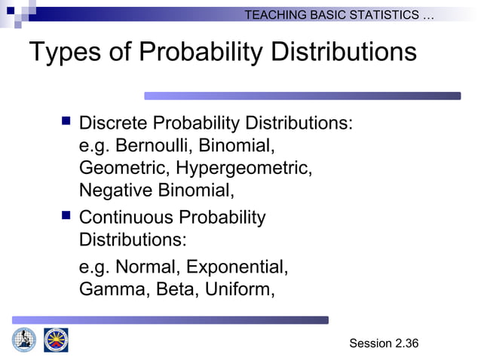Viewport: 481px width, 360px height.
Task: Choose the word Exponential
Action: [x=237, y=267]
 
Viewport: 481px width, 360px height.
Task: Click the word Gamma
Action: [x=113, y=288]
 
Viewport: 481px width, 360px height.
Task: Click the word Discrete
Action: [x=112, y=122]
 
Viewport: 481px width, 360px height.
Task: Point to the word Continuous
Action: [x=125, y=218]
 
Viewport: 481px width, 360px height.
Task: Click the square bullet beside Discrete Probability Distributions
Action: [x=64, y=121]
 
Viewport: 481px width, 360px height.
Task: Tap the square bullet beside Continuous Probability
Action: [x=64, y=216]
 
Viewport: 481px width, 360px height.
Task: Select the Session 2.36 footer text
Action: [x=383, y=343]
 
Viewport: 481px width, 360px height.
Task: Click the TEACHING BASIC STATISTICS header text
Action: [x=339, y=14]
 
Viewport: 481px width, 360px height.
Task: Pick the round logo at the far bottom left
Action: [x=23, y=340]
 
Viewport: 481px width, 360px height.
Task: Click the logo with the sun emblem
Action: [x=56, y=340]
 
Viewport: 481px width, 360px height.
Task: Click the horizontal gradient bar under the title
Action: [x=302, y=96]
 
